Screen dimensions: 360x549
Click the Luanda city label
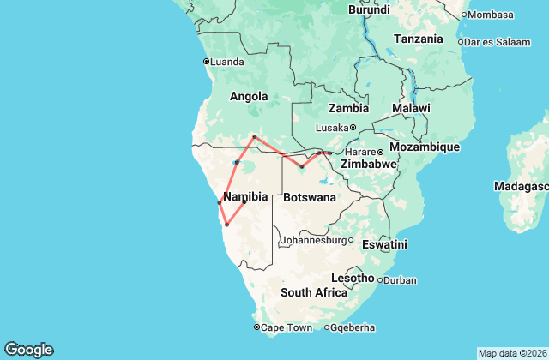point(226,61)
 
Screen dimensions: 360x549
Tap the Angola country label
point(249,97)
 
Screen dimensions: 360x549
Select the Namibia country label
point(245,197)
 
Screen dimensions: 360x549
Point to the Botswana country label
point(309,197)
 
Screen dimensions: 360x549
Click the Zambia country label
point(349,109)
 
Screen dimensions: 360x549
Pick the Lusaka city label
point(331,128)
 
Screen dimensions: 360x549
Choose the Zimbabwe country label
point(368,164)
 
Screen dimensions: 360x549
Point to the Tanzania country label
point(418,39)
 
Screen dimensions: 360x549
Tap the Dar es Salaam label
point(492,40)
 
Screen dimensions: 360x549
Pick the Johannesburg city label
point(314,241)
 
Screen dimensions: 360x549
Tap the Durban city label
point(400,280)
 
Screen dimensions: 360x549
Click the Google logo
point(28,349)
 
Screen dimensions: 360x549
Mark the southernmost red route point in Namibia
point(226,225)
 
